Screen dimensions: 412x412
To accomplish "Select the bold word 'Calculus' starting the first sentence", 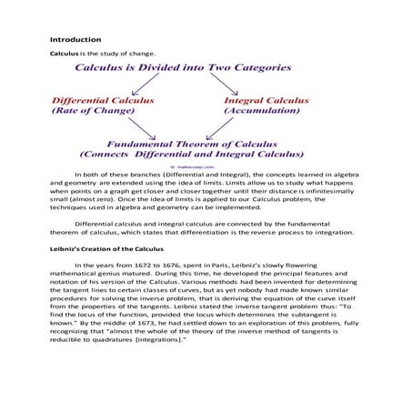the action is (x=63, y=55).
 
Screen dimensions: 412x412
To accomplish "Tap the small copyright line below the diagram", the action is (x=204, y=167).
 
